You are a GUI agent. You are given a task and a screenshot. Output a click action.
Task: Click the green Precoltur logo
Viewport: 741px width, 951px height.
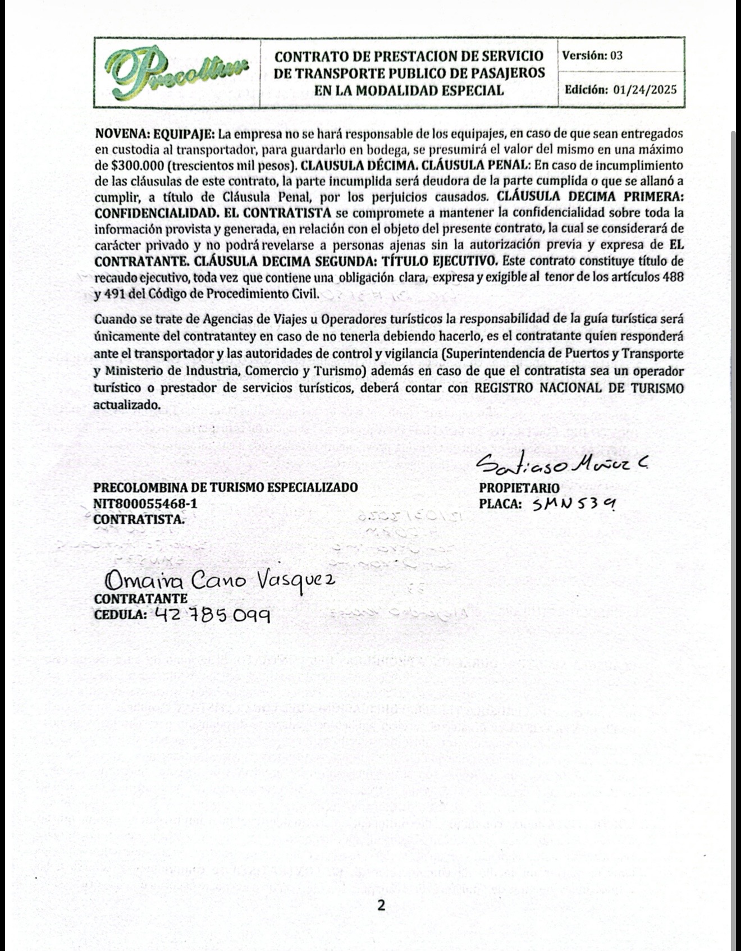click(176, 72)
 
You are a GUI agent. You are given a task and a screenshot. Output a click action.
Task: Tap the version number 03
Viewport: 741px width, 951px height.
click(616, 56)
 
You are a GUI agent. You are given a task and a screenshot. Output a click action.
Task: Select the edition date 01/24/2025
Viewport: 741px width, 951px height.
click(645, 90)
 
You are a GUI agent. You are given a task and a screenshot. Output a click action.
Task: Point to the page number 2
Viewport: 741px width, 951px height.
click(381, 905)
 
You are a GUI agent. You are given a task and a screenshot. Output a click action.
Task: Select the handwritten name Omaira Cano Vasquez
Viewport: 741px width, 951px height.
click(221, 579)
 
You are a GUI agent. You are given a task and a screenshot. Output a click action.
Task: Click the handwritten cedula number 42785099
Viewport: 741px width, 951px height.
click(212, 615)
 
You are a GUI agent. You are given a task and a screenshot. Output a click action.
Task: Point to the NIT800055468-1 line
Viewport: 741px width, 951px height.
click(145, 504)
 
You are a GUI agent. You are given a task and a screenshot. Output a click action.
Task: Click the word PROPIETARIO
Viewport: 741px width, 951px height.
click(519, 488)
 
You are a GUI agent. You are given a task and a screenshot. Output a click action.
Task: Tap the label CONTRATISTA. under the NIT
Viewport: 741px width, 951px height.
click(139, 519)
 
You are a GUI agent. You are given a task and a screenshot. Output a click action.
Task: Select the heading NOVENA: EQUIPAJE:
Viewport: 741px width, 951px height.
click(154, 134)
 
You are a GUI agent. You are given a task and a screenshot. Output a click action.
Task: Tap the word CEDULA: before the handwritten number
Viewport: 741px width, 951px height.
click(120, 614)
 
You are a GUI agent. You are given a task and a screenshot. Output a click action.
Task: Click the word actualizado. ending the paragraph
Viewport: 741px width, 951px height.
click(127, 405)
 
